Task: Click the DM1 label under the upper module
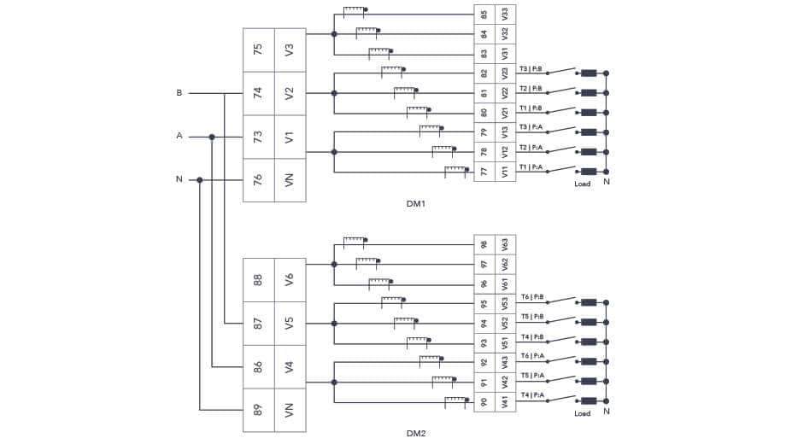[416, 204]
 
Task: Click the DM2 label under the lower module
[416, 433]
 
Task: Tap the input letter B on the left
[179, 92]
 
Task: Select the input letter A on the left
[179, 136]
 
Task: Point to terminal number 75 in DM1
[258, 50]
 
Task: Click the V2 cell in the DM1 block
[290, 93]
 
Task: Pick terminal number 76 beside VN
[258, 180]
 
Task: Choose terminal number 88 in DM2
[258, 279]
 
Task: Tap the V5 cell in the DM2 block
[290, 323]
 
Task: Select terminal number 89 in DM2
[258, 411]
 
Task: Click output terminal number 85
[484, 15]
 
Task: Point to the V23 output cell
[506, 73]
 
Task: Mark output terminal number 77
[484, 172]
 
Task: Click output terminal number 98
[484, 244]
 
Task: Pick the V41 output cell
[506, 401]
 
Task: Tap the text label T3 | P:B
[531, 69]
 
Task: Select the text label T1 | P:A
[531, 166]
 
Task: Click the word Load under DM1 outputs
[582, 184]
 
